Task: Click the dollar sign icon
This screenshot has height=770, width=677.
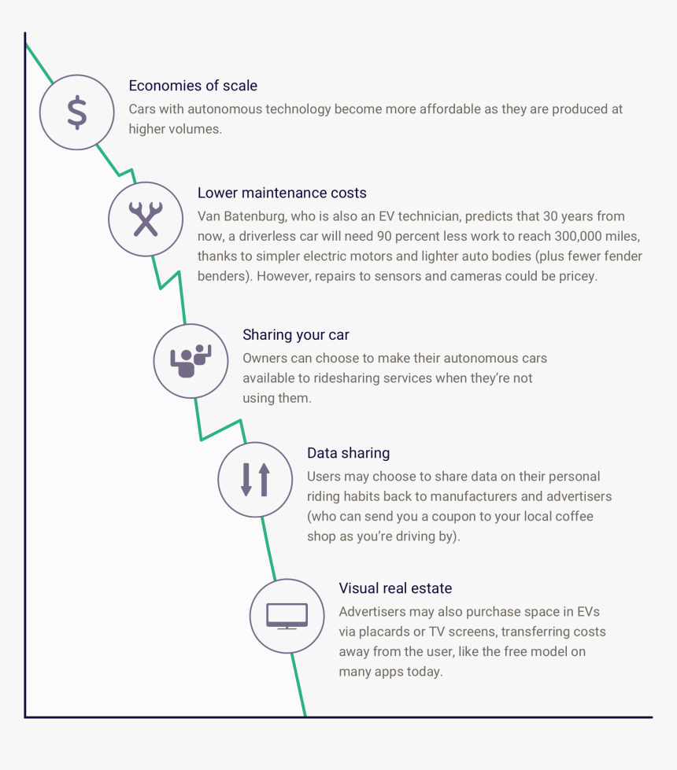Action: pyautogui.click(x=77, y=112)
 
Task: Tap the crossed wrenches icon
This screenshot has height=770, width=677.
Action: pyautogui.click(x=146, y=219)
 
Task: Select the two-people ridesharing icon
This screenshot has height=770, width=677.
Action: pyautogui.click(x=191, y=361)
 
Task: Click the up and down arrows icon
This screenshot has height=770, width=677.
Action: pyautogui.click(x=256, y=479)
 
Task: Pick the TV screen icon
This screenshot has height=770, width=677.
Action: pyautogui.click(x=287, y=616)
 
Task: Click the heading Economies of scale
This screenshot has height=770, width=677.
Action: pyautogui.click(x=193, y=86)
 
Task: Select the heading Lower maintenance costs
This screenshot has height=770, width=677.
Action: pyautogui.click(x=282, y=193)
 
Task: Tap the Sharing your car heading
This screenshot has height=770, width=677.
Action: pyautogui.click(x=295, y=334)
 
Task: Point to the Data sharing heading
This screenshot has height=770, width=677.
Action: pyautogui.click(x=348, y=453)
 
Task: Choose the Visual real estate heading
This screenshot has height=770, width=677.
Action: pyautogui.click(x=395, y=588)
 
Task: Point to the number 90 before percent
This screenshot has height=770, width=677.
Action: pyautogui.click(x=384, y=236)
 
